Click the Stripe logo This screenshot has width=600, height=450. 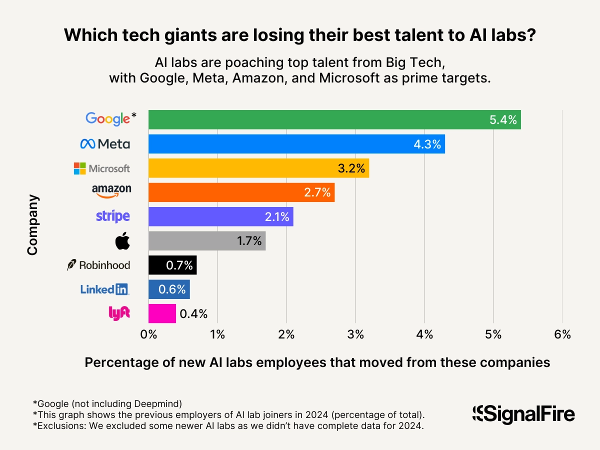(x=112, y=216)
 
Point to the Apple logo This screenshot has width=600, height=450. (x=122, y=241)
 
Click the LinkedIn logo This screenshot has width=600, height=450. (x=104, y=289)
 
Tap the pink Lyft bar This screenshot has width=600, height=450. (x=162, y=313)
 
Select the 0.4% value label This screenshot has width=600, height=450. (x=193, y=313)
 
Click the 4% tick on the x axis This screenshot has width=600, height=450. (x=424, y=335)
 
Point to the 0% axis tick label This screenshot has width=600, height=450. (x=149, y=335)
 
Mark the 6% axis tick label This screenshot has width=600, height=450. (x=562, y=335)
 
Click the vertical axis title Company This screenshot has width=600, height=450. (x=32, y=225)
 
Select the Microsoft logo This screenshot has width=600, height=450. (x=101, y=168)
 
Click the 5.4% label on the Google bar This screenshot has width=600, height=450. (x=503, y=119)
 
